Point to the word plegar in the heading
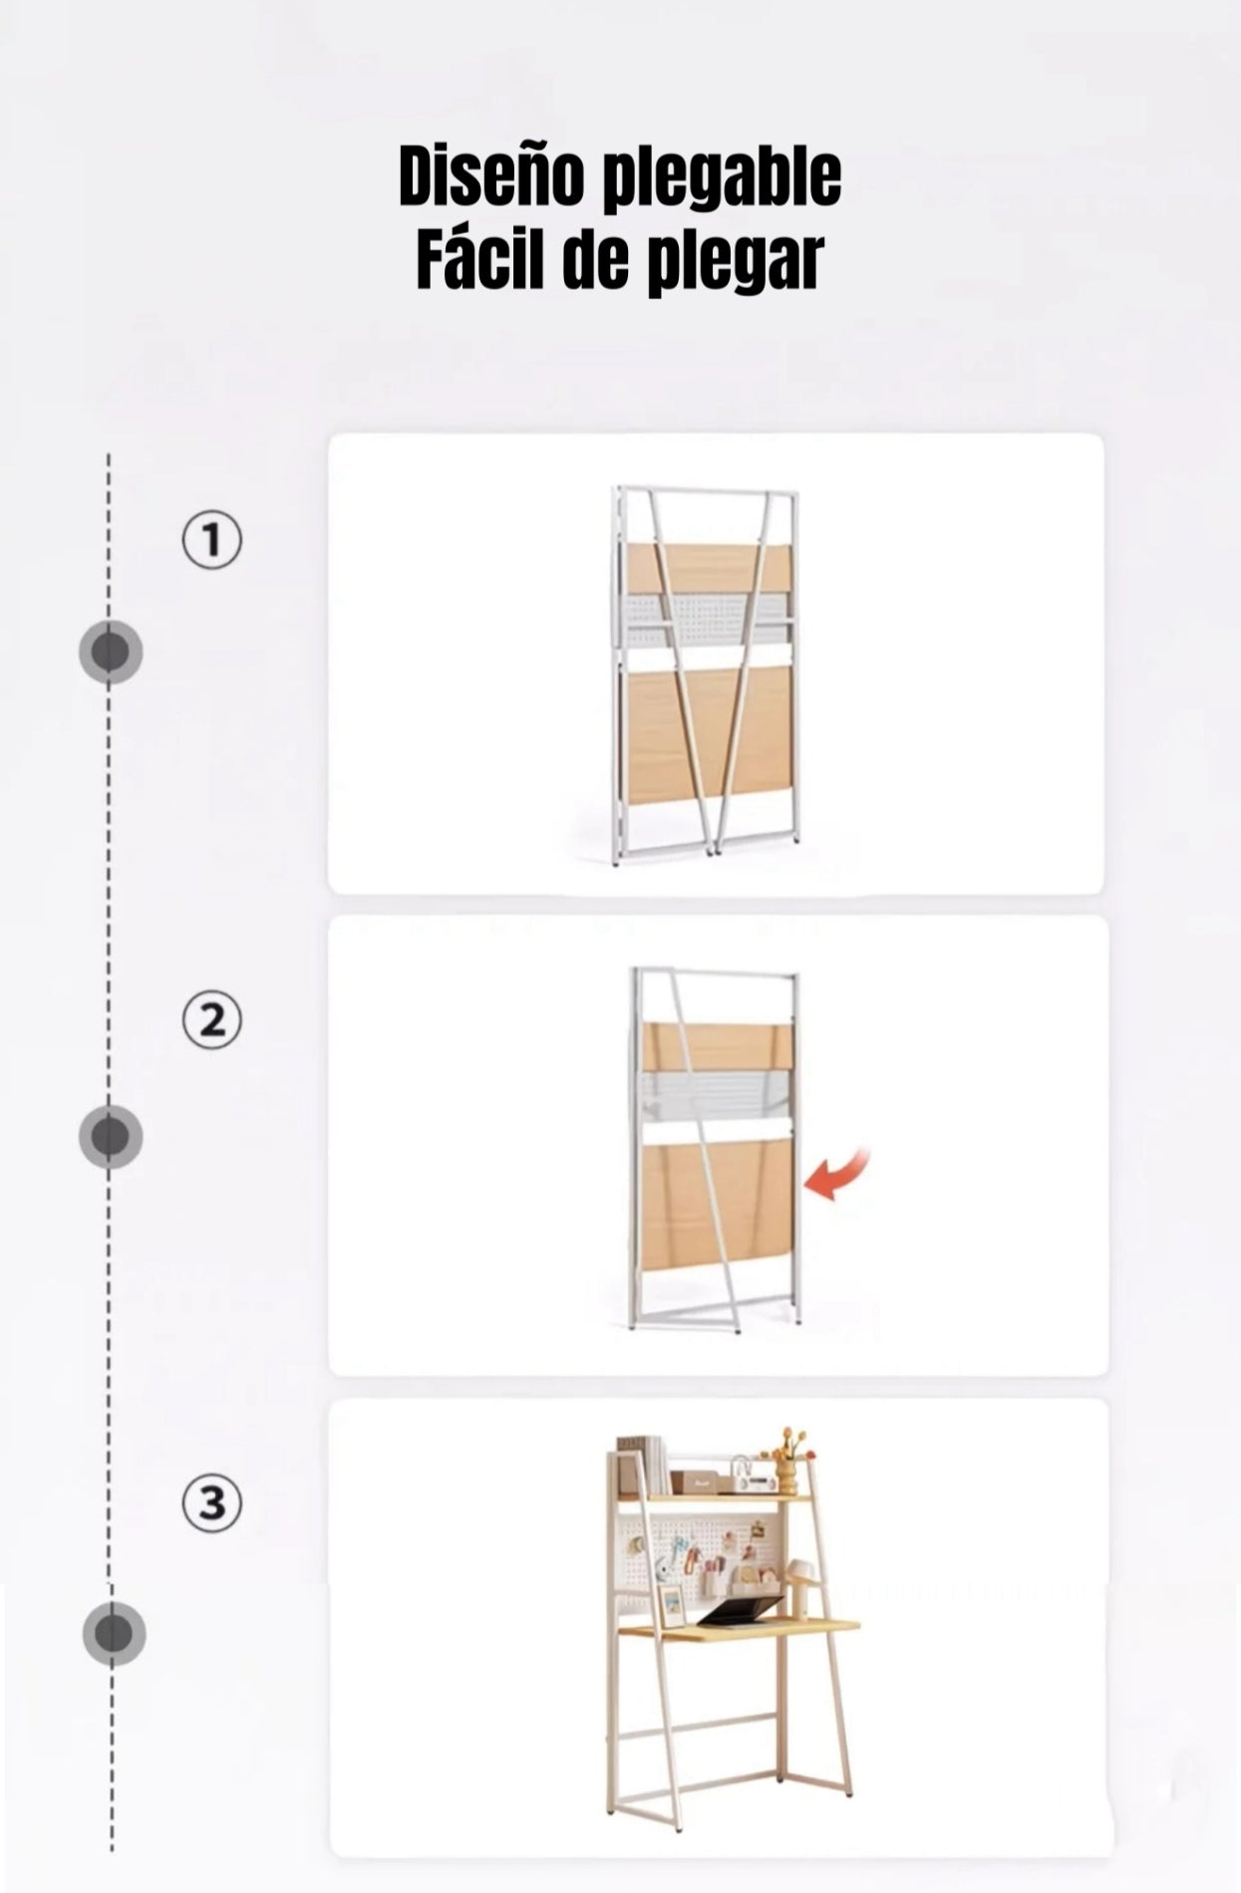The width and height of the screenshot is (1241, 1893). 737,263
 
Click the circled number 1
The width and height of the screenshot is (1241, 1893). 211,541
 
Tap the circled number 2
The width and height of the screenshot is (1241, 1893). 211,1021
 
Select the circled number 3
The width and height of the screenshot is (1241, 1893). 211,1503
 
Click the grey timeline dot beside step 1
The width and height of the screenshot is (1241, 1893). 111,653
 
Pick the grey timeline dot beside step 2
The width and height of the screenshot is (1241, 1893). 111,1137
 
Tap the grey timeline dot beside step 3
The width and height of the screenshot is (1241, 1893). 114,1635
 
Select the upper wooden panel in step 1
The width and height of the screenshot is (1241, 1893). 709,568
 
